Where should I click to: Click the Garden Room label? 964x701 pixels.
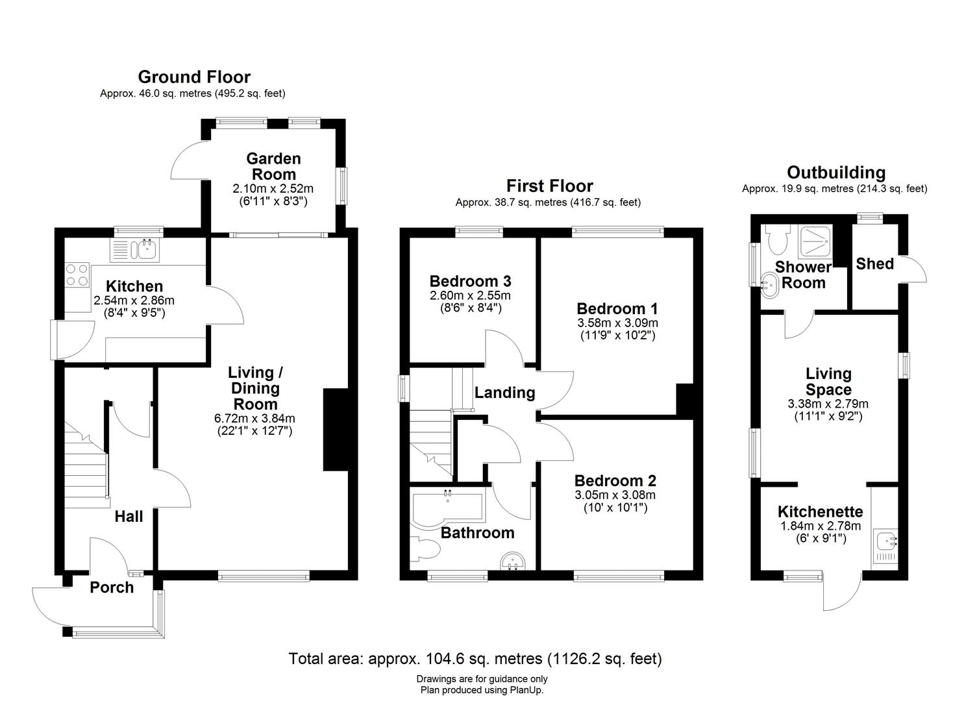pyautogui.click(x=273, y=166)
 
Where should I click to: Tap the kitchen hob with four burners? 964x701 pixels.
pyautogui.click(x=77, y=275)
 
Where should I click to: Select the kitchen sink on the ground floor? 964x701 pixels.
pyautogui.click(x=135, y=250)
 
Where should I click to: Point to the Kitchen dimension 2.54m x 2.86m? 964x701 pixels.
pyautogui.click(x=134, y=300)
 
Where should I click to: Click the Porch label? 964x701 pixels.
pyautogui.click(x=112, y=587)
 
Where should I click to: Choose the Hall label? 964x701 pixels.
pyautogui.click(x=129, y=517)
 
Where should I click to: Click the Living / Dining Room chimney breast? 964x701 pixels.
pyautogui.click(x=336, y=430)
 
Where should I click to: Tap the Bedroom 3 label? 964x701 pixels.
pyautogui.click(x=471, y=281)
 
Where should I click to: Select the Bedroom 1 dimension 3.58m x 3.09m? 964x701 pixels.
pyautogui.click(x=617, y=323)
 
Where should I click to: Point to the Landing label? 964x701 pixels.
pyautogui.click(x=505, y=393)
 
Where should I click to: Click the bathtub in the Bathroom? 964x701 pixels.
pyautogui.click(x=447, y=508)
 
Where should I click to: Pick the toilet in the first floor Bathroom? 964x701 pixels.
pyautogui.click(x=425, y=549)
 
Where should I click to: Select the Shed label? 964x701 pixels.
pyautogui.click(x=875, y=264)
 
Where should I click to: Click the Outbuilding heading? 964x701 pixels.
pyautogui.click(x=836, y=172)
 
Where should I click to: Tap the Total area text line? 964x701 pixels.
pyautogui.click(x=475, y=658)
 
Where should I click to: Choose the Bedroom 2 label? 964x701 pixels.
pyautogui.click(x=615, y=481)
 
